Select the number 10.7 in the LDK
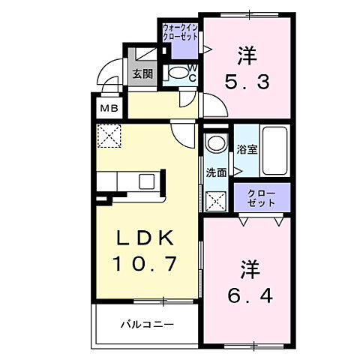tap(145, 264)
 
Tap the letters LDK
tap(145, 238)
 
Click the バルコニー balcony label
tap(148, 325)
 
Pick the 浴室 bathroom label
tap(247, 149)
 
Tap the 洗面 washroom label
tap(217, 172)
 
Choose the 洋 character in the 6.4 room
tap(247, 268)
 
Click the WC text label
tap(192, 72)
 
